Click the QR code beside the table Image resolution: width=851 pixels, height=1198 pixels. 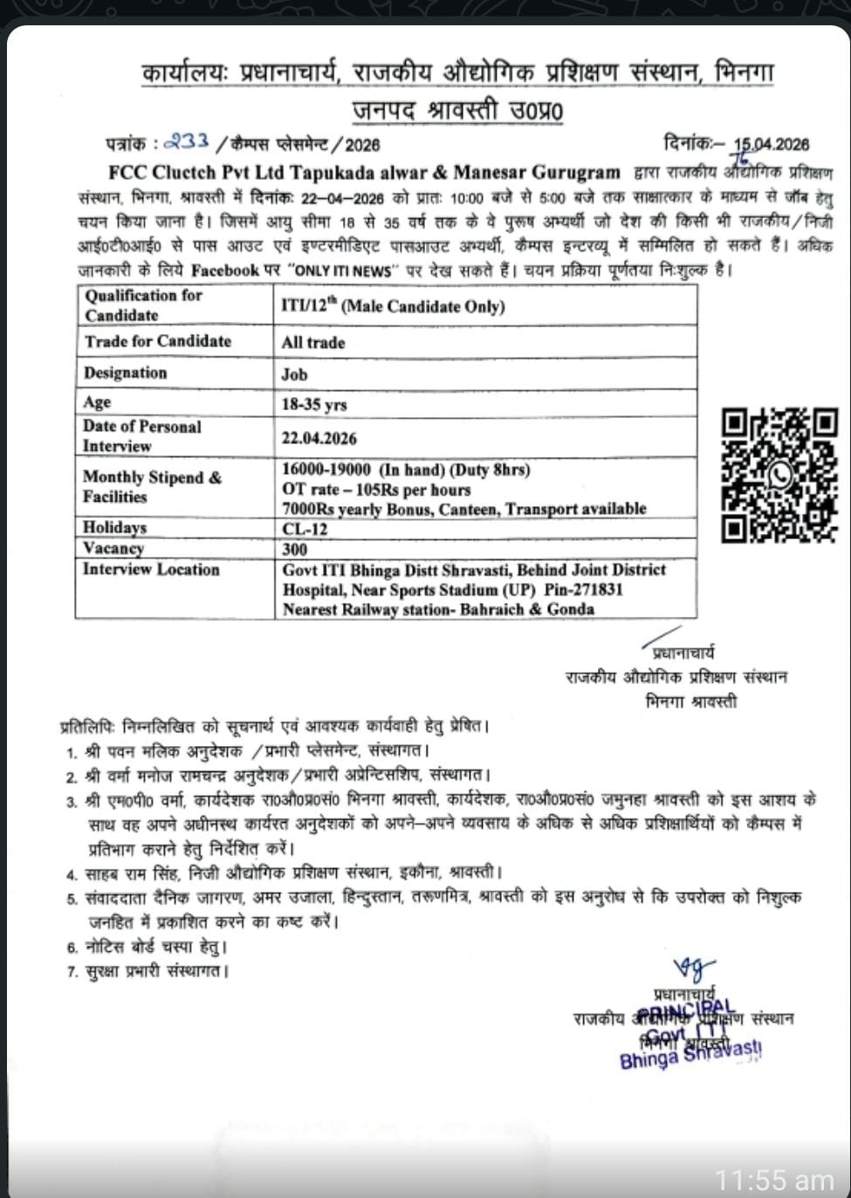(779, 476)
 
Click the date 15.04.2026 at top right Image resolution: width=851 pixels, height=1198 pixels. (771, 144)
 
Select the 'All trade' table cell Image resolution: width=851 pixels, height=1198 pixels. (313, 343)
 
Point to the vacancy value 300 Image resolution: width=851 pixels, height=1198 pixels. (295, 549)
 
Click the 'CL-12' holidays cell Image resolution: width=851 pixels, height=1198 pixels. (305, 529)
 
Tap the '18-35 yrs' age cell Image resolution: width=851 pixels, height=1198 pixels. (314, 405)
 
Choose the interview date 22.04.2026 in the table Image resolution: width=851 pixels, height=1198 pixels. (319, 438)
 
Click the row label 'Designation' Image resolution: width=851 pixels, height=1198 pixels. (125, 373)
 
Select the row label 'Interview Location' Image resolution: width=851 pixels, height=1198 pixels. (151, 569)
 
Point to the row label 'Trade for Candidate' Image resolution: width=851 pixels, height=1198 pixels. (158, 341)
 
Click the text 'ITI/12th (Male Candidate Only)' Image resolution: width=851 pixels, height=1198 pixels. (393, 306)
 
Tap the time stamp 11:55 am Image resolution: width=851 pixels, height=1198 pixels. (774, 1180)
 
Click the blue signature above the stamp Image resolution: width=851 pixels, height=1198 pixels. (694, 968)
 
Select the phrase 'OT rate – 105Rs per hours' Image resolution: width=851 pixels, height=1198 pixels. (376, 489)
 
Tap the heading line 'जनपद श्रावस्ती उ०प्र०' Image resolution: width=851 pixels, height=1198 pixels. (457, 111)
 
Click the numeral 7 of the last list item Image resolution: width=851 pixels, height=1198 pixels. (72, 971)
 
